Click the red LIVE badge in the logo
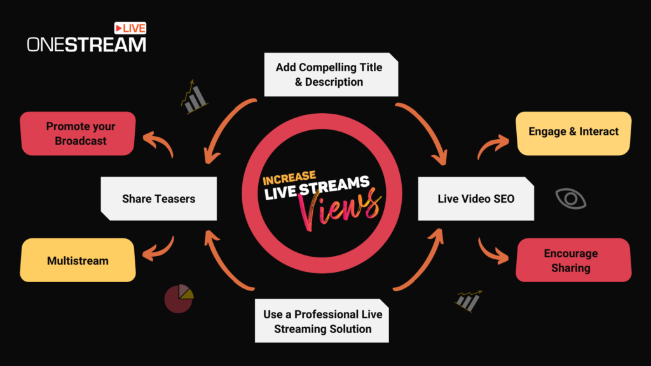click(130, 29)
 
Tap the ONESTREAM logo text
click(86, 44)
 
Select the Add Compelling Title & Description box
click(331, 75)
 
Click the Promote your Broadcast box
click(78, 133)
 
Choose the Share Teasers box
click(158, 199)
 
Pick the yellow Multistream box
click(78, 261)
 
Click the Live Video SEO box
click(476, 199)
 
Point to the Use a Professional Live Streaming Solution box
click(322, 322)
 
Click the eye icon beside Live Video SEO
click(571, 198)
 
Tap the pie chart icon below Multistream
click(179, 299)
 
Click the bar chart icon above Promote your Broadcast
click(193, 97)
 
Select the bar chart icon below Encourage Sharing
click(468, 301)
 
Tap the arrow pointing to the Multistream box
click(159, 249)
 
